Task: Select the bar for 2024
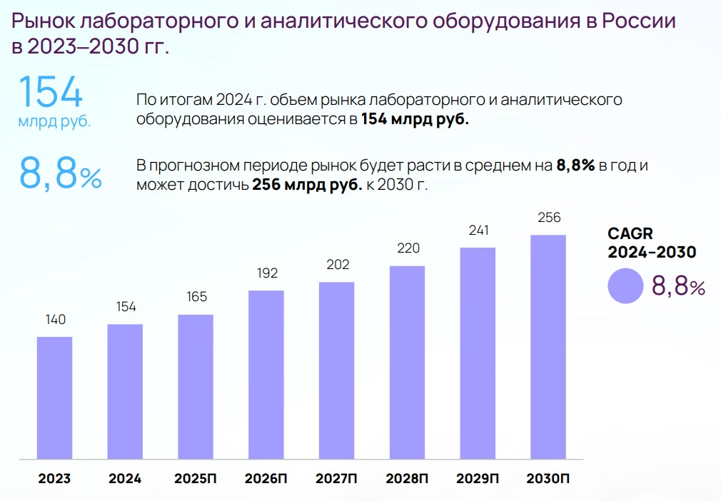(125, 391)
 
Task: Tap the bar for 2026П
(266, 374)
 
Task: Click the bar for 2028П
(407, 362)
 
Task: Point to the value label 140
(54, 319)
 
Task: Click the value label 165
(196, 298)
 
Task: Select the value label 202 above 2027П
(337, 265)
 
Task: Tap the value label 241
(478, 231)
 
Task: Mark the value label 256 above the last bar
(548, 218)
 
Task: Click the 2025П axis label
(196, 478)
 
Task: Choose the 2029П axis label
(478, 478)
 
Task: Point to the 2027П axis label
(337, 478)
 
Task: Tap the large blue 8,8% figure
(61, 175)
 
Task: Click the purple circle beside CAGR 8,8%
(626, 286)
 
